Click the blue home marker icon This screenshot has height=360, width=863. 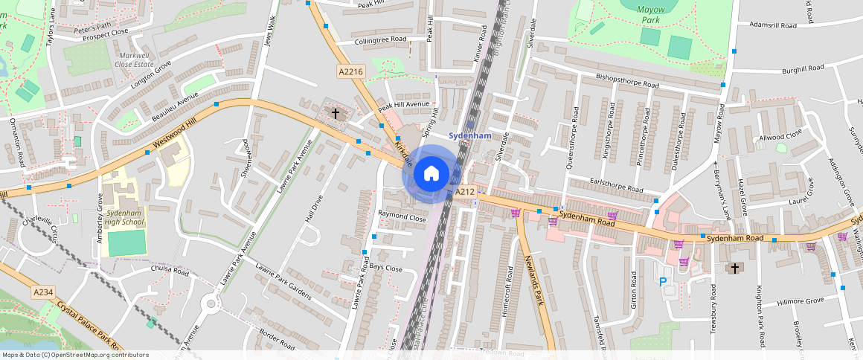click(431, 174)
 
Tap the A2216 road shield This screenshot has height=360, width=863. click(350, 71)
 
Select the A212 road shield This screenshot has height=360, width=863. click(465, 192)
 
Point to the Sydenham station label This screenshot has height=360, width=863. click(470, 136)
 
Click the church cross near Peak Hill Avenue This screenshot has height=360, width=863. click(336, 114)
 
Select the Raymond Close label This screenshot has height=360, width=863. click(402, 217)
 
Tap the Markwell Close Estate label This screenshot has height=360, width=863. click(134, 60)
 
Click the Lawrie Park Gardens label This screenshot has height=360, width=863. click(283, 280)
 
